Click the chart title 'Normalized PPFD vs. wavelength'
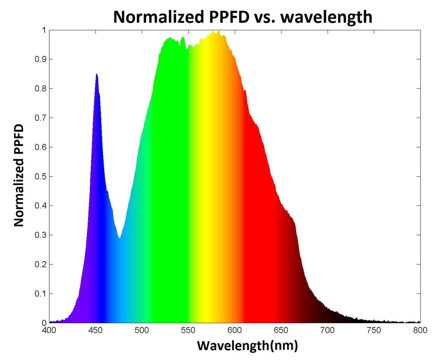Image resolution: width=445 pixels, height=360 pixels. point(243,17)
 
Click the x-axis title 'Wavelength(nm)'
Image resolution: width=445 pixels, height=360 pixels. point(247,346)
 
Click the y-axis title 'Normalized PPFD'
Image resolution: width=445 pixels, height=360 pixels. point(19,176)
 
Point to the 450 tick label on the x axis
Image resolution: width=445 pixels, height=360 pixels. point(95,330)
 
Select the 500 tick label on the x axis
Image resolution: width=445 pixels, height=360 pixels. point(142,330)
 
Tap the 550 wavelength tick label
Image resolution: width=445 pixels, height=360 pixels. point(188,330)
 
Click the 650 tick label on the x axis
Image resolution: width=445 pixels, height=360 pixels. point(281,330)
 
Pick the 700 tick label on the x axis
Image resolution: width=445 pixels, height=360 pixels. point(327,330)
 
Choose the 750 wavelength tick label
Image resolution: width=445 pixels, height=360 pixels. point(374,330)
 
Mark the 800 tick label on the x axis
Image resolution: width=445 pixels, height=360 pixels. point(420,330)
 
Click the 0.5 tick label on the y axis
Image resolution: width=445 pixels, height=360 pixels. point(41,176)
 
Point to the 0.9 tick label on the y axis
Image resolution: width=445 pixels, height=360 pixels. point(41,59)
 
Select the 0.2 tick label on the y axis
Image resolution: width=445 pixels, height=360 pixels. point(41,264)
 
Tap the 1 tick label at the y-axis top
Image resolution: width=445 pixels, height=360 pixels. point(44,30)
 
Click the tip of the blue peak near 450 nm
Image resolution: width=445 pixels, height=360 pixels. point(96,74)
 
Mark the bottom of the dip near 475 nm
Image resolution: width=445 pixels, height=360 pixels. point(119,238)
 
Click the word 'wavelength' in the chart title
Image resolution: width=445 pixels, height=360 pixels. point(326,17)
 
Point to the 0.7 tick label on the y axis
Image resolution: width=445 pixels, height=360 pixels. point(41,118)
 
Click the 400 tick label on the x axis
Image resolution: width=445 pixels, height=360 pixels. point(49,330)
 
